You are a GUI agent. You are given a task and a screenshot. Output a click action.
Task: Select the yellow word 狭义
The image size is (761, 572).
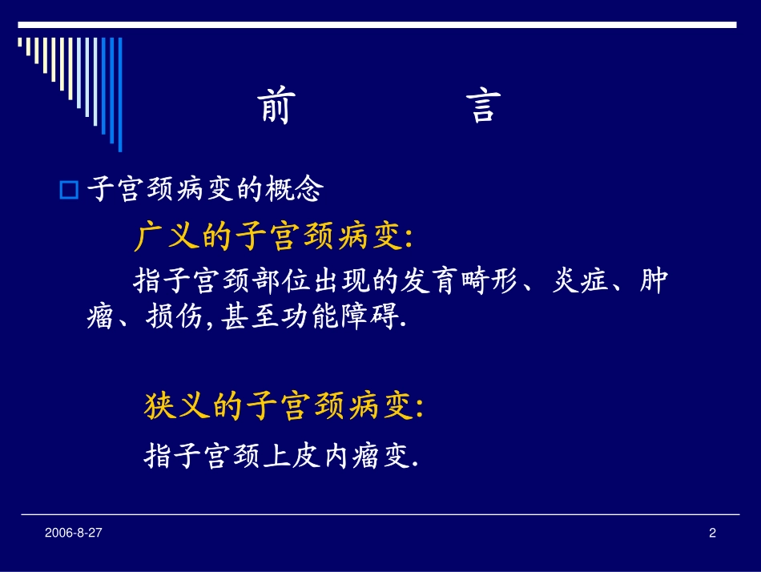coord(178,407)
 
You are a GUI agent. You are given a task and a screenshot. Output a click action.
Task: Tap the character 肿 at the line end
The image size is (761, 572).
coord(654,282)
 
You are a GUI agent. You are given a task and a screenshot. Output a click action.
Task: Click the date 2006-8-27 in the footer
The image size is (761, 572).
coord(73,533)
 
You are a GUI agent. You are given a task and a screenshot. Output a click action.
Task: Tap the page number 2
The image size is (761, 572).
coord(712,533)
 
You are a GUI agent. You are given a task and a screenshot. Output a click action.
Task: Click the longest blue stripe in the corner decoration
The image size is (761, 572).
coord(120,95)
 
